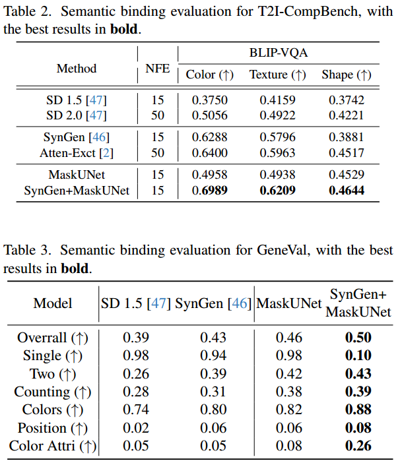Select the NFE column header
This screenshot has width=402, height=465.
(x=157, y=69)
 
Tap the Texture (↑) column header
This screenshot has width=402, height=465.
(x=277, y=75)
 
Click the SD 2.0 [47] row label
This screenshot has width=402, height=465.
(x=77, y=115)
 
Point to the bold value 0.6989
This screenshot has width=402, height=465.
(x=209, y=191)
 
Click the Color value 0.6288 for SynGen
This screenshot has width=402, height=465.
(x=209, y=137)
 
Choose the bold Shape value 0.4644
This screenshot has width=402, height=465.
(x=345, y=191)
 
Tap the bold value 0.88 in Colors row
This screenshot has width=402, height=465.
(x=358, y=410)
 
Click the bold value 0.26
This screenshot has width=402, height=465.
(x=358, y=446)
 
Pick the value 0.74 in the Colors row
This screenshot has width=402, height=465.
(x=136, y=410)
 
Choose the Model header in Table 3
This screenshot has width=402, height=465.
(x=53, y=304)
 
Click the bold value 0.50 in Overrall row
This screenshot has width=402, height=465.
(x=358, y=338)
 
